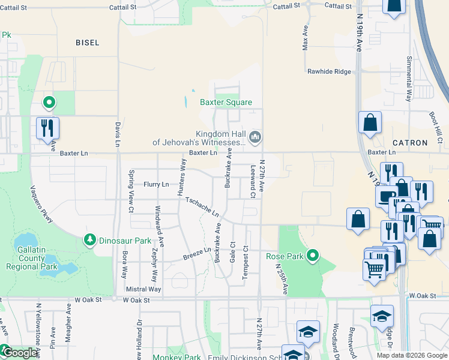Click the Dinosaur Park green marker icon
click(x=90, y=240)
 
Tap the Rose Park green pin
click(x=312, y=256)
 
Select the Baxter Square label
click(x=226, y=103)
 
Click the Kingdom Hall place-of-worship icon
click(x=256, y=138)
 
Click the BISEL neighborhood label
click(x=88, y=43)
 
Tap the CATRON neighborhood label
click(x=410, y=143)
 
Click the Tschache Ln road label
click(x=202, y=208)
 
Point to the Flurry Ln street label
click(x=156, y=185)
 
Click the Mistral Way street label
click(x=144, y=289)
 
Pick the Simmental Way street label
click(x=409, y=78)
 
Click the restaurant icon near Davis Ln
click(x=47, y=128)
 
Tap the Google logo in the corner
click(x=19, y=353)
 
